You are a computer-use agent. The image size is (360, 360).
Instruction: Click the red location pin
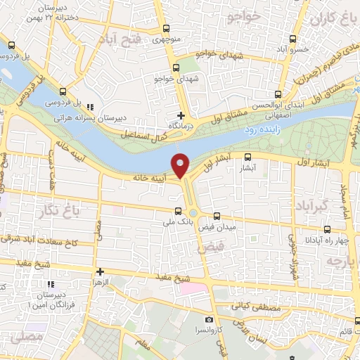pos(181,165)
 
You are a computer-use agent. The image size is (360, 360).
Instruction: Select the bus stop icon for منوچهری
pos(166,29)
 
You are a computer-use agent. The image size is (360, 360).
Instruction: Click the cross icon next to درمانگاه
pos(181,115)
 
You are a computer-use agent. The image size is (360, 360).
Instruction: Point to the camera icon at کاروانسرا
pos(208,320)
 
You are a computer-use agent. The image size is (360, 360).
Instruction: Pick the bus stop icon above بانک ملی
pos(178,210)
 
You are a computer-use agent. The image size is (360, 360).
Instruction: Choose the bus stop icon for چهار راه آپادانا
pos(327,229)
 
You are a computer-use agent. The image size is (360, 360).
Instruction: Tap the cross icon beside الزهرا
pos(100,271)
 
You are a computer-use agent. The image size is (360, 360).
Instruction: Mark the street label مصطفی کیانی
pos(260,307)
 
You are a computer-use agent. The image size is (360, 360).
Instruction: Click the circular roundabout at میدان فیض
pos(193,212)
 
